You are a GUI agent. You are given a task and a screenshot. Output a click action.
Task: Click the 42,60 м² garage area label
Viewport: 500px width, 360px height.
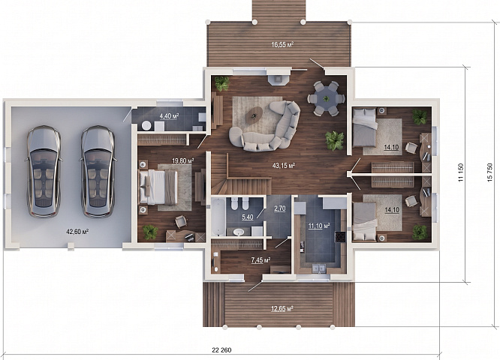coord(77,232)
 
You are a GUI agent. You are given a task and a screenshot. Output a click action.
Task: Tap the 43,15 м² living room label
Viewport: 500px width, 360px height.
coord(284,165)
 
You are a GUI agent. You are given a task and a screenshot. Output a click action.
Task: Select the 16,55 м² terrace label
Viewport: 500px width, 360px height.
coord(282,44)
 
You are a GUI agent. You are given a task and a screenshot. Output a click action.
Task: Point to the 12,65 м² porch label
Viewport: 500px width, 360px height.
coord(282,309)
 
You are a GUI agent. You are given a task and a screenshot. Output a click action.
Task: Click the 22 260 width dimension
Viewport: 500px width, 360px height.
coord(221,350)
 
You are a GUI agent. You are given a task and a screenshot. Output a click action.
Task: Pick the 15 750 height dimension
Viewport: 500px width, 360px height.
coord(489,173)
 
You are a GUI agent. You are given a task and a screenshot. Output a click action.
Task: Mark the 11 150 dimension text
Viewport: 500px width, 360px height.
coord(460,172)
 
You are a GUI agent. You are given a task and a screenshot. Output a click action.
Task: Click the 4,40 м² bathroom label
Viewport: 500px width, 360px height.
coord(169,116)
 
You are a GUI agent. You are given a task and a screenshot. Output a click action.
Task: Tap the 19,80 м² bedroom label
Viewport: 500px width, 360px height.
coord(183,161)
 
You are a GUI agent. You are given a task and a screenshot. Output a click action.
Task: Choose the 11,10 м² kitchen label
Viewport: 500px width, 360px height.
coord(319,226)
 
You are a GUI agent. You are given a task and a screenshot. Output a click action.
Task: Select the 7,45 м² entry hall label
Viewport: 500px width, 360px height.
coord(261,260)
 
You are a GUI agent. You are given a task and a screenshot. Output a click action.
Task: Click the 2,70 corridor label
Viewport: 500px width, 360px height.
coord(280,208)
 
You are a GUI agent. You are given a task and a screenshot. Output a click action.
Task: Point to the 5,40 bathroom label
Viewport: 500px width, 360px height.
coord(248,217)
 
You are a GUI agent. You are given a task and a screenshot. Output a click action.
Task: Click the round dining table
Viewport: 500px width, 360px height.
coord(326,98)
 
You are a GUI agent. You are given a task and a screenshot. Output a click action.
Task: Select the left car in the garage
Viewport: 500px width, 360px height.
coord(44,171)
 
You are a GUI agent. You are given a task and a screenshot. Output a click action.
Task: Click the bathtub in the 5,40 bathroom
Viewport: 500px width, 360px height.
coord(218,217)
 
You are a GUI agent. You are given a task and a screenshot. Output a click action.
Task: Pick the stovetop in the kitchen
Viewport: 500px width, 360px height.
coord(340,237)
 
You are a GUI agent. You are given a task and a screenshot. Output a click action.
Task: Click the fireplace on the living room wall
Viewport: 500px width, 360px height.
coord(279,79)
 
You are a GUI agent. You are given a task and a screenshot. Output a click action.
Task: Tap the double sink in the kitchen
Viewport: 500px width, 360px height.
coord(319,268)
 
